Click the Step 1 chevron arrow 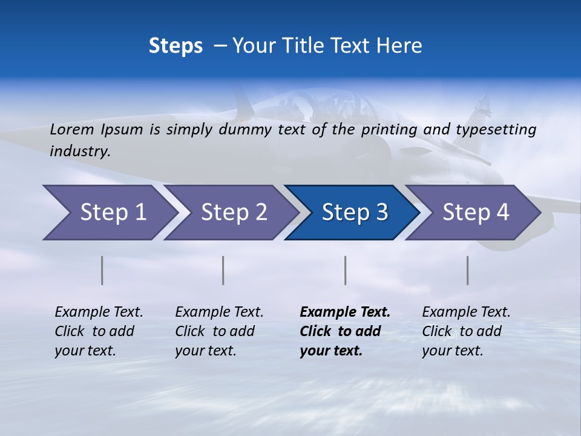109,213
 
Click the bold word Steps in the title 176,45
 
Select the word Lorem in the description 71,129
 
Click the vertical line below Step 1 102,270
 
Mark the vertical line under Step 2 223,270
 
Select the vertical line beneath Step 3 345,270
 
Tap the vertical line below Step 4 467,270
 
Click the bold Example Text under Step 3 345,331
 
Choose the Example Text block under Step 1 99,331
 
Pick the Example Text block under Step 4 466,331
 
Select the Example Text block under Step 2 219,331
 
